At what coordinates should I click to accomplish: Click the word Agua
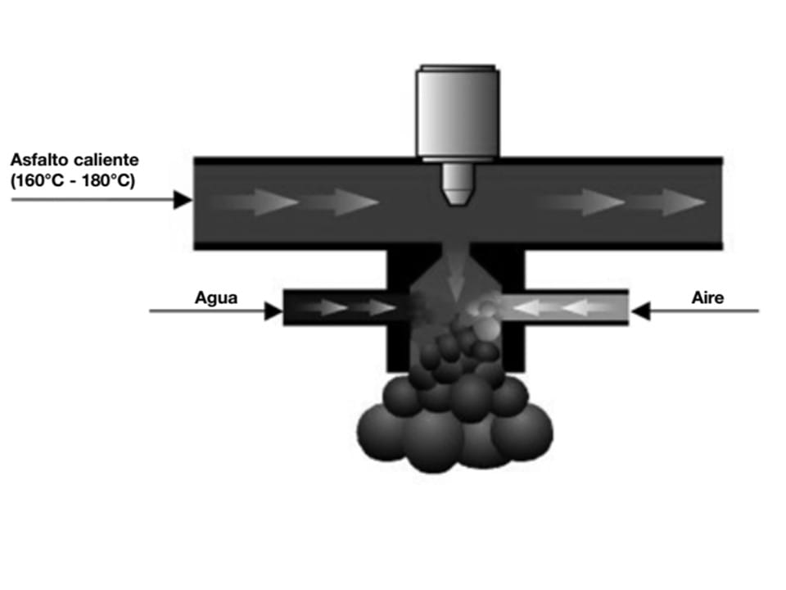pos(216,298)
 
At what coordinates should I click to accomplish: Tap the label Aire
pos(707,298)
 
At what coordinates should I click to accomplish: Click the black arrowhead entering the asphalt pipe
pos(183,198)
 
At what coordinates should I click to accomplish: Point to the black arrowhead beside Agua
pos(273,311)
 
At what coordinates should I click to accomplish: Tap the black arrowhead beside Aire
pos(640,311)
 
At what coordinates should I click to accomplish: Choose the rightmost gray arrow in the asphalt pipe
pos(676,202)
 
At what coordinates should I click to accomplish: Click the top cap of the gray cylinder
pos(457,66)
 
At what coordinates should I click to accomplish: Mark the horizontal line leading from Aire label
pos(704,311)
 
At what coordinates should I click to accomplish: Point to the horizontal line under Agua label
pos(209,311)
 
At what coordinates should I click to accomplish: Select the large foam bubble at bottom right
pos(524,430)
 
